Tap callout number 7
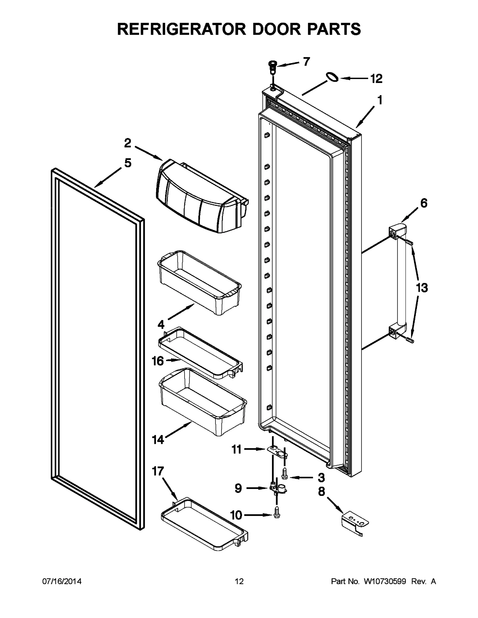click(x=306, y=61)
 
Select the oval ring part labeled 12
click(x=332, y=77)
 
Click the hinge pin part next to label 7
click(x=273, y=67)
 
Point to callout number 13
click(x=422, y=288)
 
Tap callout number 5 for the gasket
click(x=128, y=163)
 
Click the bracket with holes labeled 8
click(x=355, y=520)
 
